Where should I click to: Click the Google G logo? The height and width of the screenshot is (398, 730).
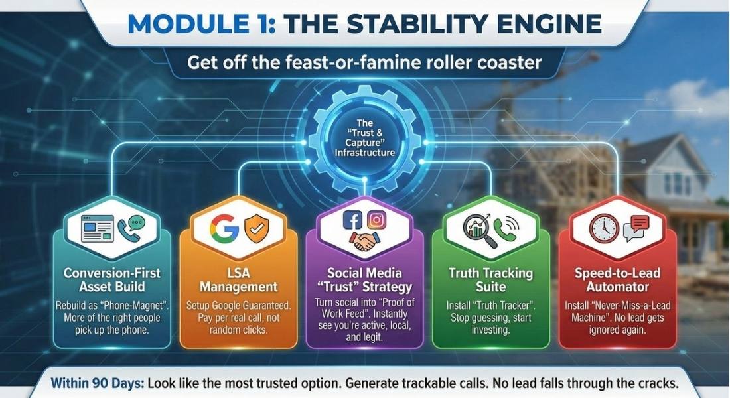(x=224, y=228)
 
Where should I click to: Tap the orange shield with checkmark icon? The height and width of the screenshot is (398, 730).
(x=257, y=229)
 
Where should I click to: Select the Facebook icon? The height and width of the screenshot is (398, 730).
(x=352, y=220)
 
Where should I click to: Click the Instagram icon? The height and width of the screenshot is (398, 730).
(x=376, y=220)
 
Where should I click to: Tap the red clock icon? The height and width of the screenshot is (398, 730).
(x=604, y=228)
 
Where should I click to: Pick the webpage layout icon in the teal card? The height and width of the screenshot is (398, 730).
(x=98, y=229)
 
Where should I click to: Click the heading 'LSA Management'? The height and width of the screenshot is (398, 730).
(x=238, y=279)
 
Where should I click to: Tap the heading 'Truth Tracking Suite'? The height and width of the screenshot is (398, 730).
(x=490, y=279)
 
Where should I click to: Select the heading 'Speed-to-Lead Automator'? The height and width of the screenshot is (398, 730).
(x=617, y=279)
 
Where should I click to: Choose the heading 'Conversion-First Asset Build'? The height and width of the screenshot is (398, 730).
(x=111, y=279)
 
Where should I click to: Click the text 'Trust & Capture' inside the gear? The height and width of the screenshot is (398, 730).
(x=364, y=138)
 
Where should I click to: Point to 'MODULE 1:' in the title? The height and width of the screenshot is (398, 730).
(x=201, y=24)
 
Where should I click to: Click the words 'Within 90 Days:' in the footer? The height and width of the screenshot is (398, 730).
(x=97, y=383)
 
